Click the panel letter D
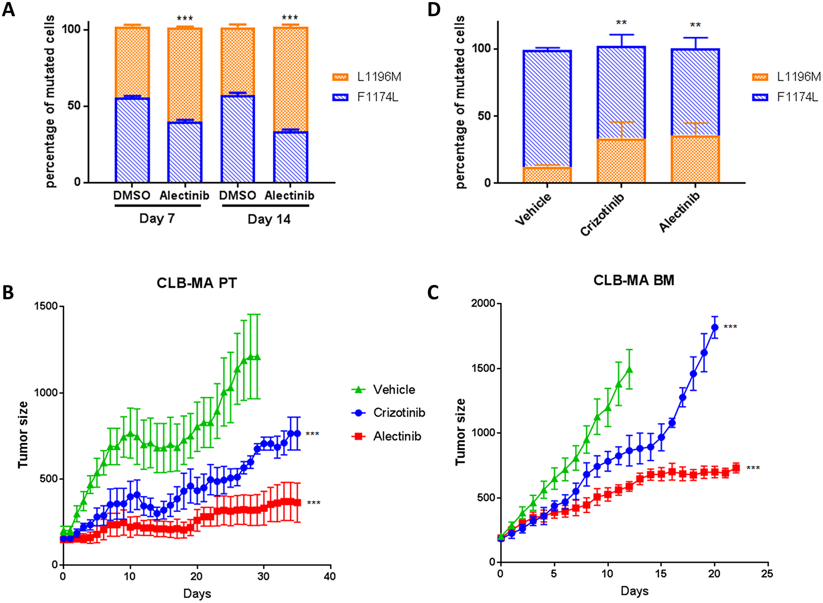point(434,9)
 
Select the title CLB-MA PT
point(197,283)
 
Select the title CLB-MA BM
point(634,280)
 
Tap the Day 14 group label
point(269,219)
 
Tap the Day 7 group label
point(157,218)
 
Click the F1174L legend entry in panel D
point(786,97)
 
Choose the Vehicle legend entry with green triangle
point(384,389)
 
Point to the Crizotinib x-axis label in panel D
point(602,214)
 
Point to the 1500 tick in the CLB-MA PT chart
point(46,306)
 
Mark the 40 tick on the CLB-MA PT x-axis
point(330,576)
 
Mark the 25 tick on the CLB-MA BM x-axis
point(767,573)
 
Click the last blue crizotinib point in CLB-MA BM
point(715,327)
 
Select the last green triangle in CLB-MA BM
point(629,369)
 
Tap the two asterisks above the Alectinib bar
point(695,25)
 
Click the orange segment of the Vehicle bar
point(547,175)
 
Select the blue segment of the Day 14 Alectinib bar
point(291,157)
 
